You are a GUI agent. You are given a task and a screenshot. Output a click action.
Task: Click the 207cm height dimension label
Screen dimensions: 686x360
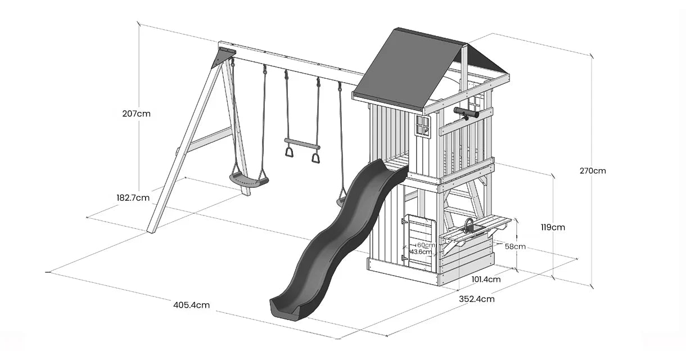(x=136, y=114)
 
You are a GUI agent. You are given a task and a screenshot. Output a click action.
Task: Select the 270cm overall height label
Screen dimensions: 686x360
(x=593, y=170)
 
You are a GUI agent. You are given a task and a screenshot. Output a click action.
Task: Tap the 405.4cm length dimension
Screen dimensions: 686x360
(x=191, y=305)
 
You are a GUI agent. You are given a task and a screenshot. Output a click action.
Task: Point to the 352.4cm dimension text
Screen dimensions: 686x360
(x=476, y=299)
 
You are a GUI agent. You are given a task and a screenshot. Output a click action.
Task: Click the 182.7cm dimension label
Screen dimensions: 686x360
(x=133, y=197)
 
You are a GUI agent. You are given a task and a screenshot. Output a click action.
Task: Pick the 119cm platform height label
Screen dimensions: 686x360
(x=553, y=227)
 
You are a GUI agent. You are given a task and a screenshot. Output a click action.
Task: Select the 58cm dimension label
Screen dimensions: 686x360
(x=515, y=246)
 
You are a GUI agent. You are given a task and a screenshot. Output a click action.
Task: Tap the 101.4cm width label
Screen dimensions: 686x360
(x=486, y=280)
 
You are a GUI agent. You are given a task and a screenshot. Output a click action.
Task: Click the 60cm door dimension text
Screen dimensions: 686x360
(x=426, y=245)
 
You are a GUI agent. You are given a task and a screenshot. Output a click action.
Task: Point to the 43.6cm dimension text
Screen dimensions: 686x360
(x=421, y=252)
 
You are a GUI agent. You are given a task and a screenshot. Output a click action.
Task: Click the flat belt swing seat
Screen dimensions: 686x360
(x=249, y=180)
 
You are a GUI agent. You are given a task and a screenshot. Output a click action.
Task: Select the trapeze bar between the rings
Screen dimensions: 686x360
(x=303, y=143)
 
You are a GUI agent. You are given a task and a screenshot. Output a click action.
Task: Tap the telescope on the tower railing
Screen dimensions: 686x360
(x=466, y=113)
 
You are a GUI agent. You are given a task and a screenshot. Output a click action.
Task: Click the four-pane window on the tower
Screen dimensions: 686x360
(x=422, y=125)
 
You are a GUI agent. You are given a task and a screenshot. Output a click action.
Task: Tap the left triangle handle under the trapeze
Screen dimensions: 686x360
(x=289, y=152)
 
